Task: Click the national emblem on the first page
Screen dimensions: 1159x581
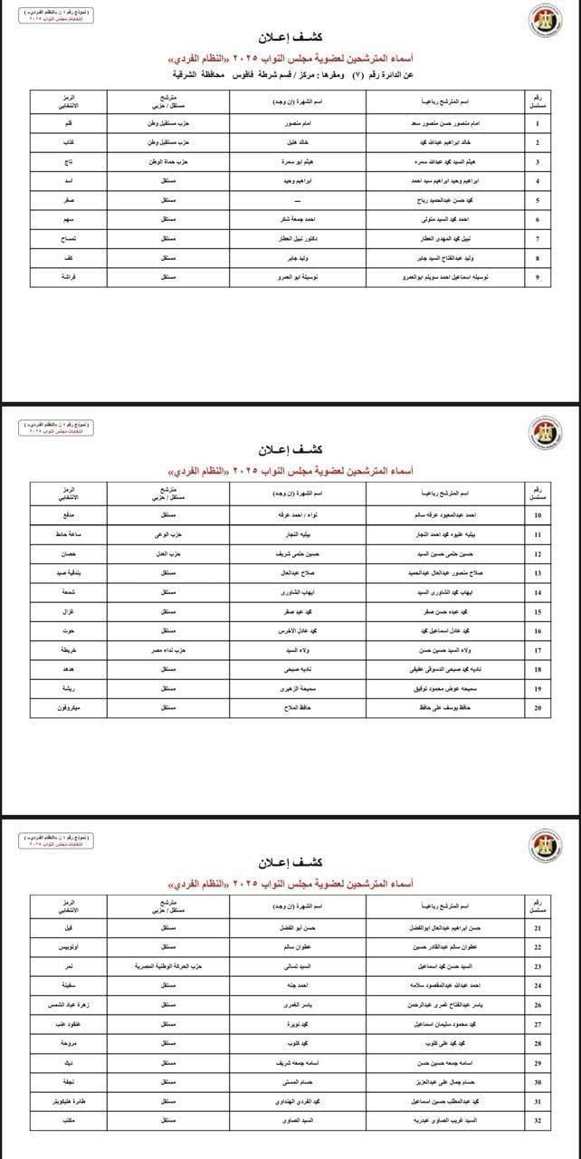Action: [x=546, y=20]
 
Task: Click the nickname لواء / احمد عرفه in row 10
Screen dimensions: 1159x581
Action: [x=299, y=515]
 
